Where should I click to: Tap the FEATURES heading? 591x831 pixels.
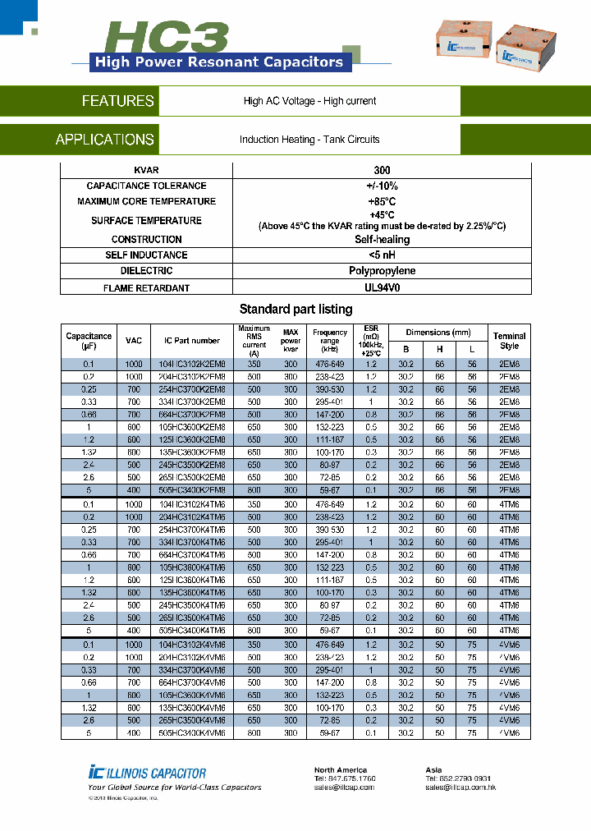coord(117,101)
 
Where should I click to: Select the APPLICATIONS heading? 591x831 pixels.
coord(104,140)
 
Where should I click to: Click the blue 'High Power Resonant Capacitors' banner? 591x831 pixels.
coord(219,62)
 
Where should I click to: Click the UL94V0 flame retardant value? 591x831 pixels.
coord(382,288)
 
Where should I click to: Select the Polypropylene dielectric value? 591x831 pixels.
coord(382,271)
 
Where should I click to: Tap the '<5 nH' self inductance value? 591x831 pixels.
coord(382,255)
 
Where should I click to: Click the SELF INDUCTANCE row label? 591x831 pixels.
coord(146,255)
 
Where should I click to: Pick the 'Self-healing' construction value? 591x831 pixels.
coord(382,240)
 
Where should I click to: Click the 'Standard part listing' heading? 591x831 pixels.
coord(295,310)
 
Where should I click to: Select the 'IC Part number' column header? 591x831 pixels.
coord(192,341)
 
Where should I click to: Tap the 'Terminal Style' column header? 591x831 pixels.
coord(509,341)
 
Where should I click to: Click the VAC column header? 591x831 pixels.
coord(134,341)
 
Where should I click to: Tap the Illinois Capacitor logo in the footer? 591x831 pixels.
coord(148,772)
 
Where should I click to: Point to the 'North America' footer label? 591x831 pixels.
coord(341,770)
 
